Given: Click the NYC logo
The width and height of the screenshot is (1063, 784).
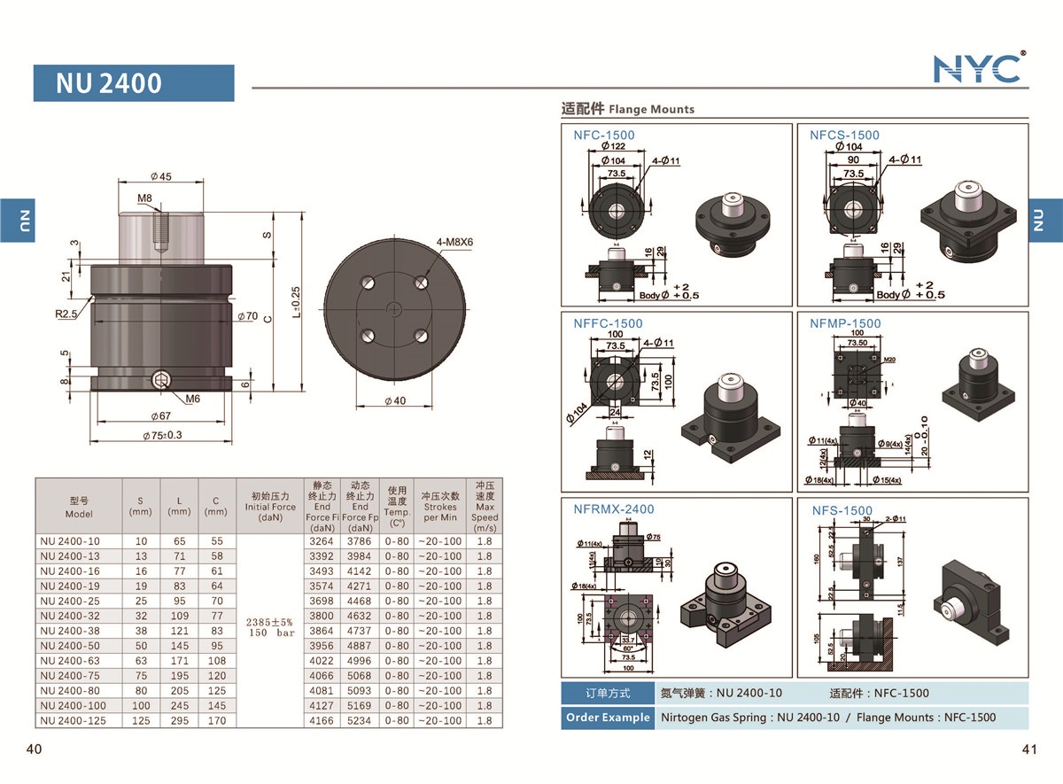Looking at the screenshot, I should click(979, 68).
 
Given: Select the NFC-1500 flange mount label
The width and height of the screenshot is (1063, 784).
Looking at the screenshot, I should click(603, 135).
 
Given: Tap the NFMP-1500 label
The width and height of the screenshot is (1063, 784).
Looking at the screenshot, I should click(845, 323).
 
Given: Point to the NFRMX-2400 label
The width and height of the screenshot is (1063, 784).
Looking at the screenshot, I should click(613, 508).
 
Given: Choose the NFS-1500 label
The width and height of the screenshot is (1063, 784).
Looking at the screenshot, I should click(842, 510).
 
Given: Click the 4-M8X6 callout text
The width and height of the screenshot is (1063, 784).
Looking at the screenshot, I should click(454, 241).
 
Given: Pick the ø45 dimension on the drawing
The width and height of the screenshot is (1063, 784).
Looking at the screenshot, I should click(160, 176).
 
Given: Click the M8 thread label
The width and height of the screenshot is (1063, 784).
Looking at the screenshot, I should click(144, 198).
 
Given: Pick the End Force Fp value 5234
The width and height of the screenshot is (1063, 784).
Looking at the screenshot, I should click(359, 721).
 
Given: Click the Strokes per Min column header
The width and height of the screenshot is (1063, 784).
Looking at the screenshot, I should click(439, 507).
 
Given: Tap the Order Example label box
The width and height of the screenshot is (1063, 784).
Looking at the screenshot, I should click(607, 718).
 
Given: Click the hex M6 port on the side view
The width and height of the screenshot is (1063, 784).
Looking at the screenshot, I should click(160, 382).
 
